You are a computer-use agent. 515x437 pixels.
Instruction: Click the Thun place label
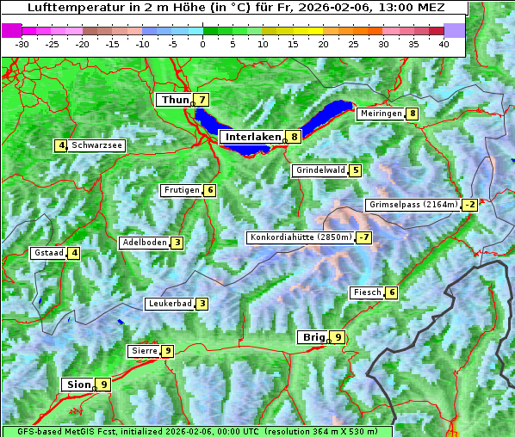(175, 101)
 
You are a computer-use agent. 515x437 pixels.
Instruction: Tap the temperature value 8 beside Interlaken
(295, 137)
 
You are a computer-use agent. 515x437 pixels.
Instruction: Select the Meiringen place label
(381, 114)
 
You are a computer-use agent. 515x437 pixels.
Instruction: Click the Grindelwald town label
(320, 170)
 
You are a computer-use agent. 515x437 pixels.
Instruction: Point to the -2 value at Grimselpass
(469, 205)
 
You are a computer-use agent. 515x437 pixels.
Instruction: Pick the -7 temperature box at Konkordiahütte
(364, 237)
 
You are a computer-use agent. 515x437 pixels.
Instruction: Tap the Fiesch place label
(367, 292)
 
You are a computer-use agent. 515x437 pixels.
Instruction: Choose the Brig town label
(312, 337)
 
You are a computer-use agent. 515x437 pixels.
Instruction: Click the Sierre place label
(143, 351)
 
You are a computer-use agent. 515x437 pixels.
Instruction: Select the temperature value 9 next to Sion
(104, 385)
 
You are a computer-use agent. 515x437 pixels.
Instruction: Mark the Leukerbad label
(170, 304)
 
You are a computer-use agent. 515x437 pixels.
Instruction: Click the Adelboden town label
(145, 243)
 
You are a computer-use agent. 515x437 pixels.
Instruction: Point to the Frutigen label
(182, 190)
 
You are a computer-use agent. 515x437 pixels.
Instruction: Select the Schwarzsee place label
(97, 145)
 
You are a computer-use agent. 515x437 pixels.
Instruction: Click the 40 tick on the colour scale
(444, 44)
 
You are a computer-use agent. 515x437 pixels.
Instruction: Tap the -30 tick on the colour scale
(22, 44)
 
